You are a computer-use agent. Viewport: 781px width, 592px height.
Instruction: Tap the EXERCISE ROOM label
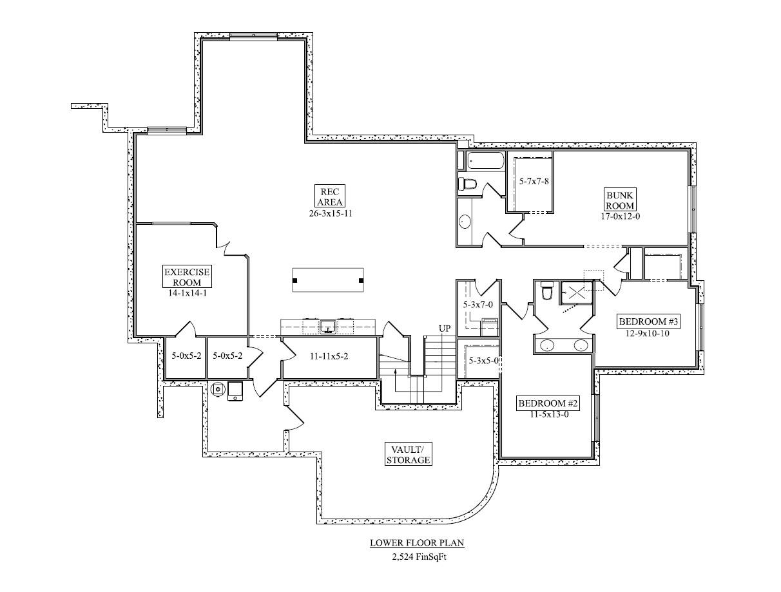click(x=187, y=277)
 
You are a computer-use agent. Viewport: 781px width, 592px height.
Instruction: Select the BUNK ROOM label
click(x=619, y=200)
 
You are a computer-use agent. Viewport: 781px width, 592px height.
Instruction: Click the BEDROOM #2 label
click(x=549, y=404)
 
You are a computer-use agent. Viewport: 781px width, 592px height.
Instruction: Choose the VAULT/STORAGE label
click(x=408, y=454)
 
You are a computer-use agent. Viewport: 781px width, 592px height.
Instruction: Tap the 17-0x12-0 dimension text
click(x=619, y=216)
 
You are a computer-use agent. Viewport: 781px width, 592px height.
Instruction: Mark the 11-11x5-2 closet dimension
click(x=329, y=356)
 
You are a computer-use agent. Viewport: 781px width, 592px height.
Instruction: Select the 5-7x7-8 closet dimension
click(x=534, y=182)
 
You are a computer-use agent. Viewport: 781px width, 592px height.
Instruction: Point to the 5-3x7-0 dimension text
click(x=477, y=304)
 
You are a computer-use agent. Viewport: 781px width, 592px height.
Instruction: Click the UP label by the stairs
click(x=445, y=329)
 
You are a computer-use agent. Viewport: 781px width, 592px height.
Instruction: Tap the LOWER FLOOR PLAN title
click(x=417, y=543)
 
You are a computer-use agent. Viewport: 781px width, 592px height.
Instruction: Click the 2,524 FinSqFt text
click(x=417, y=557)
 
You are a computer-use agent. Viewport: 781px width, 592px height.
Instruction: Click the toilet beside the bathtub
click(x=468, y=185)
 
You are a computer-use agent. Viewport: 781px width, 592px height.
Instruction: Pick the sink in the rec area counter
click(x=328, y=327)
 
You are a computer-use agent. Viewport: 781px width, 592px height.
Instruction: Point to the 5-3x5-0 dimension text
click(x=483, y=361)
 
